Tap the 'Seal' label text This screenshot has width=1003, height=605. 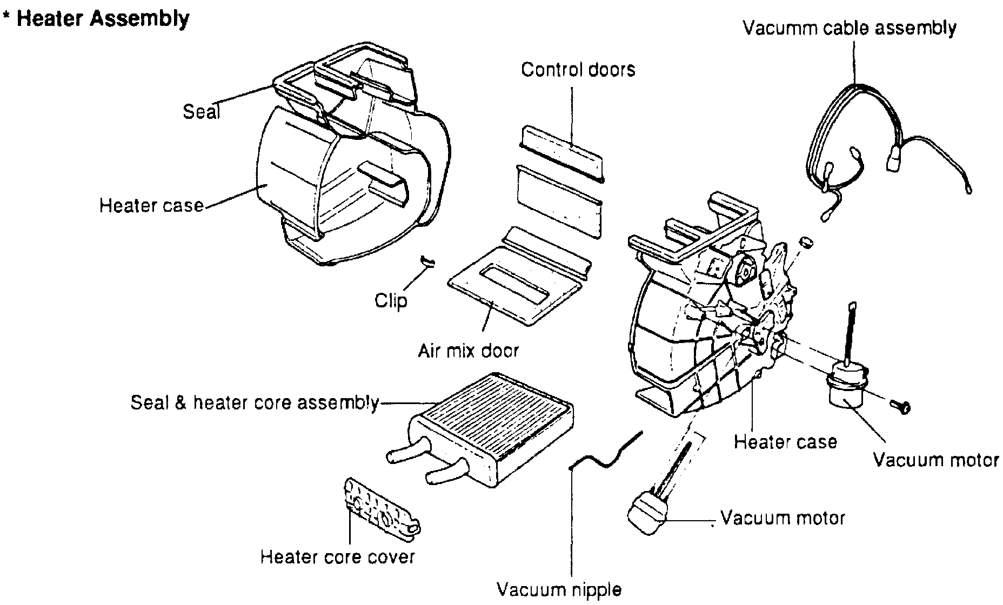coord(202,112)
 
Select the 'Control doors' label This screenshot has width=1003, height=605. coord(578,70)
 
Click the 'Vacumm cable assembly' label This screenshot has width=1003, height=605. coord(850,28)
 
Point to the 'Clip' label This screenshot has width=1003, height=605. coord(391,300)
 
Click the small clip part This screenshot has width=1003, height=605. coord(427,261)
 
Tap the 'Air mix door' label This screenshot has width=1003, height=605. coord(468,351)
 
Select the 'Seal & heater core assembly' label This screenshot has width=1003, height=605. coord(255,403)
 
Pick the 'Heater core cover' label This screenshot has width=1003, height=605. coord(337,557)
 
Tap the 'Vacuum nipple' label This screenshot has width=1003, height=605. coord(559,589)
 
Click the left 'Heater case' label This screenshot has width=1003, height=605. coord(151,206)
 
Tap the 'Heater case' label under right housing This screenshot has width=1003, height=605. coord(785,442)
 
